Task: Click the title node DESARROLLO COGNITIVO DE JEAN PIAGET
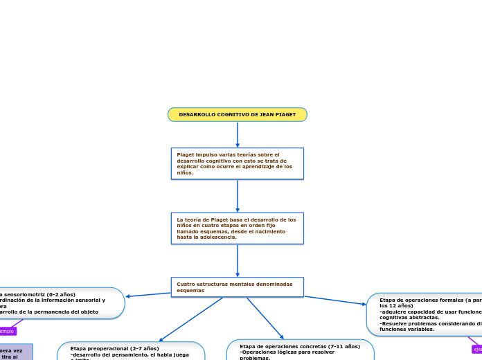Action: point(237,114)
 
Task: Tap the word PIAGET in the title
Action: point(283,114)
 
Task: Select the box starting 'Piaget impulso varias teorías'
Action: point(237,163)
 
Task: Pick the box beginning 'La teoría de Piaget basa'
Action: point(237,228)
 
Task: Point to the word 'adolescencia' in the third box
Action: point(217,237)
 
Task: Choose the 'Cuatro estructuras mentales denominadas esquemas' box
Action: point(237,287)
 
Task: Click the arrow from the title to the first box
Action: point(238,134)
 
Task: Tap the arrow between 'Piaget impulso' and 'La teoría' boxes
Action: point(238,196)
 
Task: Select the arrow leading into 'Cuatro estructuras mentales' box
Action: point(238,261)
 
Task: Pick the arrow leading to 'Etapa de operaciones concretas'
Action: point(265,318)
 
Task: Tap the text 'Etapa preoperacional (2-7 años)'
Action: point(114,348)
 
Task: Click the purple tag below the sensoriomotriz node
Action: point(7,332)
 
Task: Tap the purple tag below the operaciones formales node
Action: point(477,350)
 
